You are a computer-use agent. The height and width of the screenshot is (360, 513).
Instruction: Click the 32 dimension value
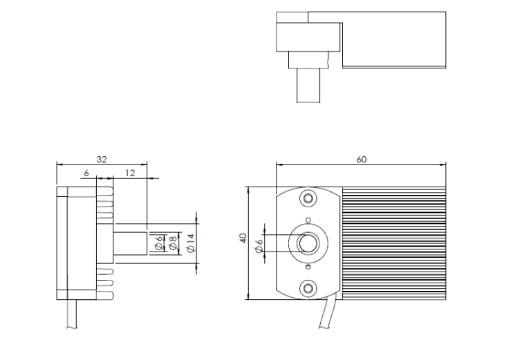(x=102, y=159)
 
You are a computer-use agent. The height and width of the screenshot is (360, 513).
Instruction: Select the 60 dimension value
(x=361, y=159)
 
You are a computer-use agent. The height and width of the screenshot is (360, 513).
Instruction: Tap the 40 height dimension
(x=243, y=238)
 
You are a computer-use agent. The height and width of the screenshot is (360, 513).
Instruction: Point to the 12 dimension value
(x=130, y=173)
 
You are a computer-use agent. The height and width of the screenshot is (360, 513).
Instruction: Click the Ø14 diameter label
(x=191, y=243)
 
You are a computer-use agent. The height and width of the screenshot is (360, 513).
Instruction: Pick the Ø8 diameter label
(x=172, y=243)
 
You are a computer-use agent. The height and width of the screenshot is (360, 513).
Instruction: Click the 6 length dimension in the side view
(x=86, y=173)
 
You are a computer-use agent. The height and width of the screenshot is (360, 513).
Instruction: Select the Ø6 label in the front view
(x=259, y=246)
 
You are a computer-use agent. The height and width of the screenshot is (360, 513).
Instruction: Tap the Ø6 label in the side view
(x=159, y=243)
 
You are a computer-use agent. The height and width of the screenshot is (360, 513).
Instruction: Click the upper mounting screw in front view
(x=308, y=198)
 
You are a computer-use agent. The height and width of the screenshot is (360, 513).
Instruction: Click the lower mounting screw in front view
(x=308, y=288)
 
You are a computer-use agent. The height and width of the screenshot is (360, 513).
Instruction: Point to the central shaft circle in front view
(x=308, y=243)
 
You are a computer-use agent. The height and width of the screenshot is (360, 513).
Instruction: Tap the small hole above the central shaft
(x=308, y=220)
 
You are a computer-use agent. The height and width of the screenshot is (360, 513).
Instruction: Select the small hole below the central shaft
(x=308, y=267)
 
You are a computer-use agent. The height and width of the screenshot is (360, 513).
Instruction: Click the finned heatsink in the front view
(x=394, y=243)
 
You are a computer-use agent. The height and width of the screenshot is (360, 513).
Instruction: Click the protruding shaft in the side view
(x=130, y=243)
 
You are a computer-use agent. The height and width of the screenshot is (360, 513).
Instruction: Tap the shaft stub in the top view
(x=308, y=86)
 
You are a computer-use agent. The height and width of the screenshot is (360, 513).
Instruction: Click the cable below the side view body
(x=72, y=314)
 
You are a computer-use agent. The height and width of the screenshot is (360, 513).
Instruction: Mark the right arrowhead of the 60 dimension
(x=444, y=164)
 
